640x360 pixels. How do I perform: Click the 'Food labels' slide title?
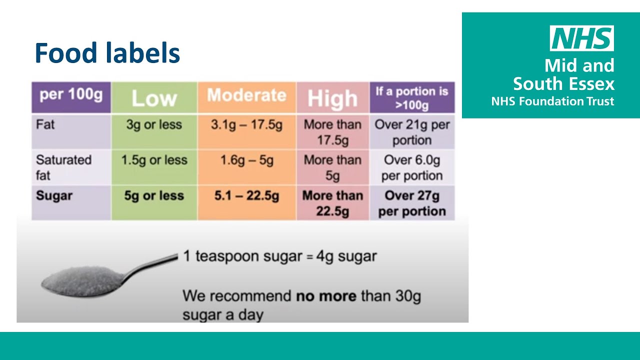[x=107, y=53]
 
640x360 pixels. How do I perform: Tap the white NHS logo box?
[x=581, y=38]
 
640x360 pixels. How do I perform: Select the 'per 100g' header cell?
[x=71, y=95]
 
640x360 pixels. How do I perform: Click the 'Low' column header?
[x=154, y=98]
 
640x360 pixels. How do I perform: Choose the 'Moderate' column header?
[x=246, y=95]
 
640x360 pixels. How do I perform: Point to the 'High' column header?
[x=332, y=98]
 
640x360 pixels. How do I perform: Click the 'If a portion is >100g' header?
[x=411, y=97]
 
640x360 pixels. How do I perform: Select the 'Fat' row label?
[x=45, y=124]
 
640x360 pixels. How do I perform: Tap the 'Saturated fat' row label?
[x=63, y=167]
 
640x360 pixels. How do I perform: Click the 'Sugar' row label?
[x=54, y=195]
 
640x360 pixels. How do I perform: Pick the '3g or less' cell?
[x=154, y=124]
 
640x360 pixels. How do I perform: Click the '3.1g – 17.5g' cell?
[x=246, y=124]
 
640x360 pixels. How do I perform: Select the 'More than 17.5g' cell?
[x=332, y=132]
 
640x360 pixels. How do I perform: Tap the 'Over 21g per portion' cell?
[x=412, y=132]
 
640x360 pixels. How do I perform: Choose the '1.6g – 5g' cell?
[x=246, y=160]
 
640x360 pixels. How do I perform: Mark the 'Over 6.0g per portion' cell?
[x=412, y=167]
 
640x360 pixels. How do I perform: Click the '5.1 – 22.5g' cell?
[x=246, y=196]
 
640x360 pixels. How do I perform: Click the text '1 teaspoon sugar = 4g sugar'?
[x=279, y=256]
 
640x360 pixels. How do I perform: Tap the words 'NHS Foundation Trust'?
[x=552, y=101]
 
